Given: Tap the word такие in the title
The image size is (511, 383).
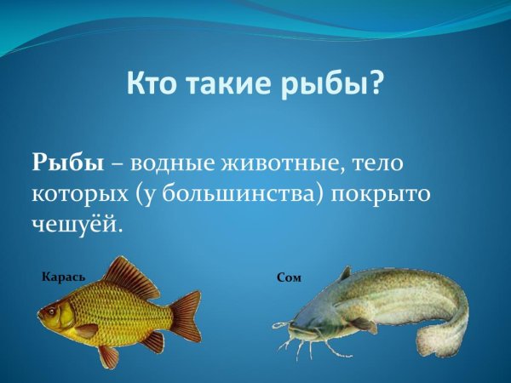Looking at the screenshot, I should point(227,83).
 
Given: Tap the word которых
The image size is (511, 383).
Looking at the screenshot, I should point(78,193).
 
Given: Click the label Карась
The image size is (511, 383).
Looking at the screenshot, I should point(63,275).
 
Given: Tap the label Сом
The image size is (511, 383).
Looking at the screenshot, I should point(290,277).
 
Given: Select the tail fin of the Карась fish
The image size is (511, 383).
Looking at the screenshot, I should point(186,315).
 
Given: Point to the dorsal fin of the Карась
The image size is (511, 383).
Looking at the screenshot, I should point(132,275).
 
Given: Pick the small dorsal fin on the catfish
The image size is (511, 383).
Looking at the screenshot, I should point(344,274).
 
